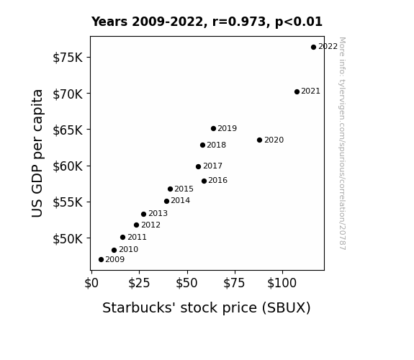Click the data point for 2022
coord(313,48)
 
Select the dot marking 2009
coord(101,260)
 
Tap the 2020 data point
coord(259,140)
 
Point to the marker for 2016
coord(204,181)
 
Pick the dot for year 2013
coord(143,215)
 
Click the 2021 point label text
coord(310,91)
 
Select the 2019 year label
coord(228,128)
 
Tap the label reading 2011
coord(137,237)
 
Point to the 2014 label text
coord(180,200)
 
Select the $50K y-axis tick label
coord(68,239)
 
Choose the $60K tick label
coord(68,166)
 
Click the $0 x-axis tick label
coord(91,283)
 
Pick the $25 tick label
coord(139,283)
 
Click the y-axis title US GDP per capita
coord(37,153)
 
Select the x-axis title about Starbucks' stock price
coord(207,308)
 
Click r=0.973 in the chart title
coord(239,22)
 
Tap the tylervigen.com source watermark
coord(342,143)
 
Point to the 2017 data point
coord(198,166)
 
